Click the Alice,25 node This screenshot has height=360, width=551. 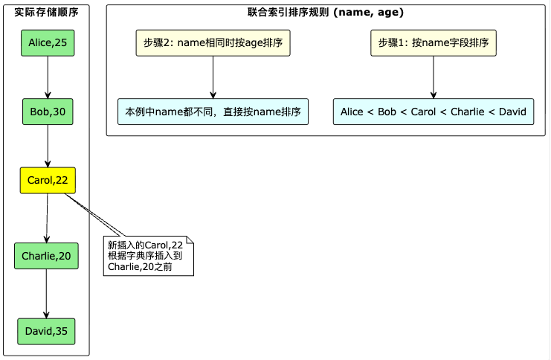[x=48, y=44]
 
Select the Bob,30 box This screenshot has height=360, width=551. [x=48, y=112]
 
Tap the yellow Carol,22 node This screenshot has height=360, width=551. [x=48, y=180]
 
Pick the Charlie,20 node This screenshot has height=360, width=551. [x=46, y=256]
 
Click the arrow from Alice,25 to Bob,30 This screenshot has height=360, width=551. [x=48, y=77]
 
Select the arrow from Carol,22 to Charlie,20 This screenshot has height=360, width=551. [x=47, y=218]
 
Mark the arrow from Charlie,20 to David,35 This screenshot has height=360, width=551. [x=46, y=294]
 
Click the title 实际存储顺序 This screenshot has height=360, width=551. [x=47, y=13]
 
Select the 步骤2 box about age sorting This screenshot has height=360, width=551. [x=213, y=44]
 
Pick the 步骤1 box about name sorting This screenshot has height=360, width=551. [x=434, y=44]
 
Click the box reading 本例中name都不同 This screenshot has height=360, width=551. [x=213, y=112]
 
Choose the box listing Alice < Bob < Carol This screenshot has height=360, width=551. [x=434, y=112]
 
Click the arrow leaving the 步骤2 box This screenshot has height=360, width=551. [x=213, y=77]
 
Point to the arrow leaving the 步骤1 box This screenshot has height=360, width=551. [x=434, y=77]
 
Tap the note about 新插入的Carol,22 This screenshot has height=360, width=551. [x=147, y=255]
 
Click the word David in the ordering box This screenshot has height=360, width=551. [x=512, y=112]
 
